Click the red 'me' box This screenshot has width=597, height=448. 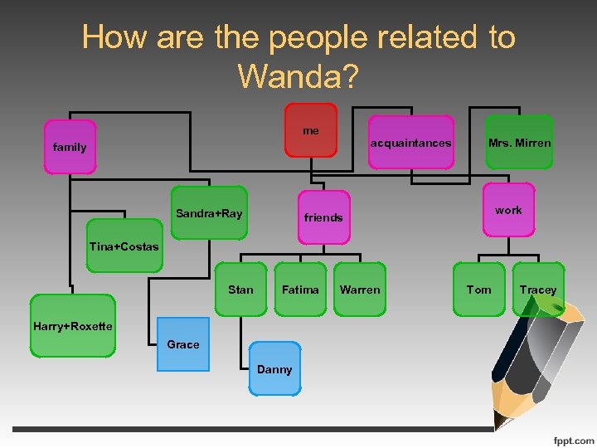pos(311,130)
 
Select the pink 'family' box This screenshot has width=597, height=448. pos(70,147)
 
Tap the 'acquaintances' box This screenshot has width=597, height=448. pos(410,143)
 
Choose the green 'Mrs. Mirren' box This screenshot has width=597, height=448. pos(519,143)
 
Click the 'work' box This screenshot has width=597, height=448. pos(508,210)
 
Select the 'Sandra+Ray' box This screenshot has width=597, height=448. pos(210,213)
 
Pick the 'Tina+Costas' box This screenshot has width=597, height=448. pos(124,246)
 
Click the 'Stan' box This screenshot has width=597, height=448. pos(240,290)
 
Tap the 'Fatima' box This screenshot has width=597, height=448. pos(300,290)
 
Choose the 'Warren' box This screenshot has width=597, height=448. pos(360,290)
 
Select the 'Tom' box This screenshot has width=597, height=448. pos(479,290)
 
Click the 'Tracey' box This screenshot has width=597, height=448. pos(538,290)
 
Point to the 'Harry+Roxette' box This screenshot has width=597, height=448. pos(72,326)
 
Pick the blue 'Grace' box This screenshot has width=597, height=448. pos(183,344)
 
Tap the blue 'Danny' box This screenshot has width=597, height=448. pos(274,369)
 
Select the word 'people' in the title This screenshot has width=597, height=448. pos(306,37)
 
